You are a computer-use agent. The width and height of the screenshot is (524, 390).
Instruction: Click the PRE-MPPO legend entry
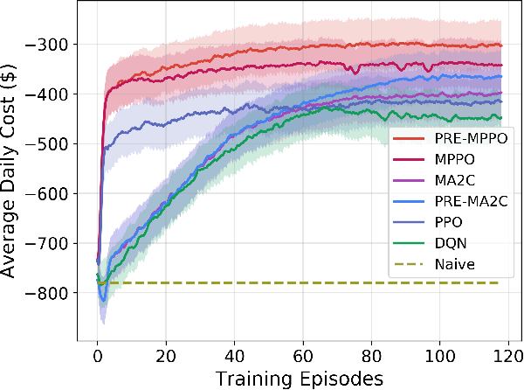[x=456, y=139]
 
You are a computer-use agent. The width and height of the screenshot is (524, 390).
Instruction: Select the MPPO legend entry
[x=450, y=159]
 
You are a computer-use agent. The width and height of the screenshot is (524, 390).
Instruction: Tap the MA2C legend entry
[x=450, y=180]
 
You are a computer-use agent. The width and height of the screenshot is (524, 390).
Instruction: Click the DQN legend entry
[x=446, y=241]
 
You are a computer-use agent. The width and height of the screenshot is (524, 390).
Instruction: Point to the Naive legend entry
[x=449, y=262]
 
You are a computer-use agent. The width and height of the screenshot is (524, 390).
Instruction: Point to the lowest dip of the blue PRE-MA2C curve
[x=104, y=300]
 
